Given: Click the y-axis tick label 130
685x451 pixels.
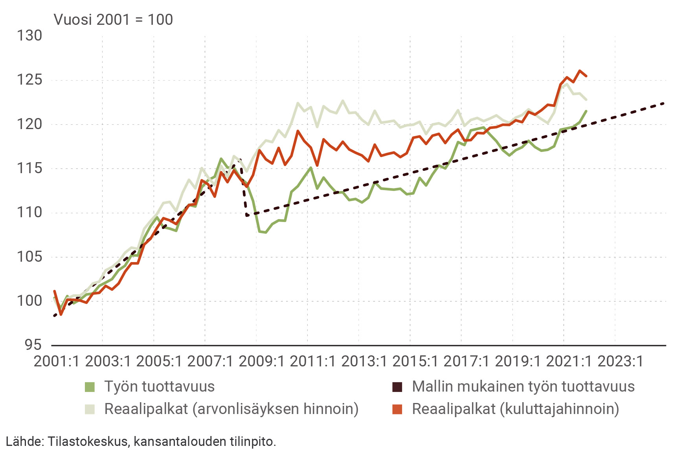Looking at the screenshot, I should (29, 36).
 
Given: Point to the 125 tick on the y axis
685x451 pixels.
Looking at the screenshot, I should (29, 80).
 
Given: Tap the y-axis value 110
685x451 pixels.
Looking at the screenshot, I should (29, 213).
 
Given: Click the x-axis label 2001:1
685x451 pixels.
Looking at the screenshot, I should (57, 361).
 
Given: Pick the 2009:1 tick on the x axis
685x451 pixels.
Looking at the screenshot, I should (262, 361).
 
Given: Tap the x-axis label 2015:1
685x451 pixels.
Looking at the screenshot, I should (415, 361).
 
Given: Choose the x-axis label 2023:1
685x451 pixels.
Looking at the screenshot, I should (621, 361).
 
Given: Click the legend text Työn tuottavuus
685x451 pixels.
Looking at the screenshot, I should (160, 387).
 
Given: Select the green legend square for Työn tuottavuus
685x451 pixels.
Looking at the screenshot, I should (90, 387).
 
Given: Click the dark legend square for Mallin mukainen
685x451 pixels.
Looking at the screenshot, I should (397, 387).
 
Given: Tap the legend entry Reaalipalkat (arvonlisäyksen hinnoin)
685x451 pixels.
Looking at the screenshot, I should (231, 409).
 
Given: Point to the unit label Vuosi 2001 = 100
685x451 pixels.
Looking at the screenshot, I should (113, 20).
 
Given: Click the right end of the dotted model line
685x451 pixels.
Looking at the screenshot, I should (664, 103).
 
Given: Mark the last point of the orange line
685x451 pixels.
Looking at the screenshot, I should (586, 76).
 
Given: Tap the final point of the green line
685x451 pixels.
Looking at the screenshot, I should (586, 111).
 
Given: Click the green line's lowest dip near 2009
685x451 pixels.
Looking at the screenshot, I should (266, 232).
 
